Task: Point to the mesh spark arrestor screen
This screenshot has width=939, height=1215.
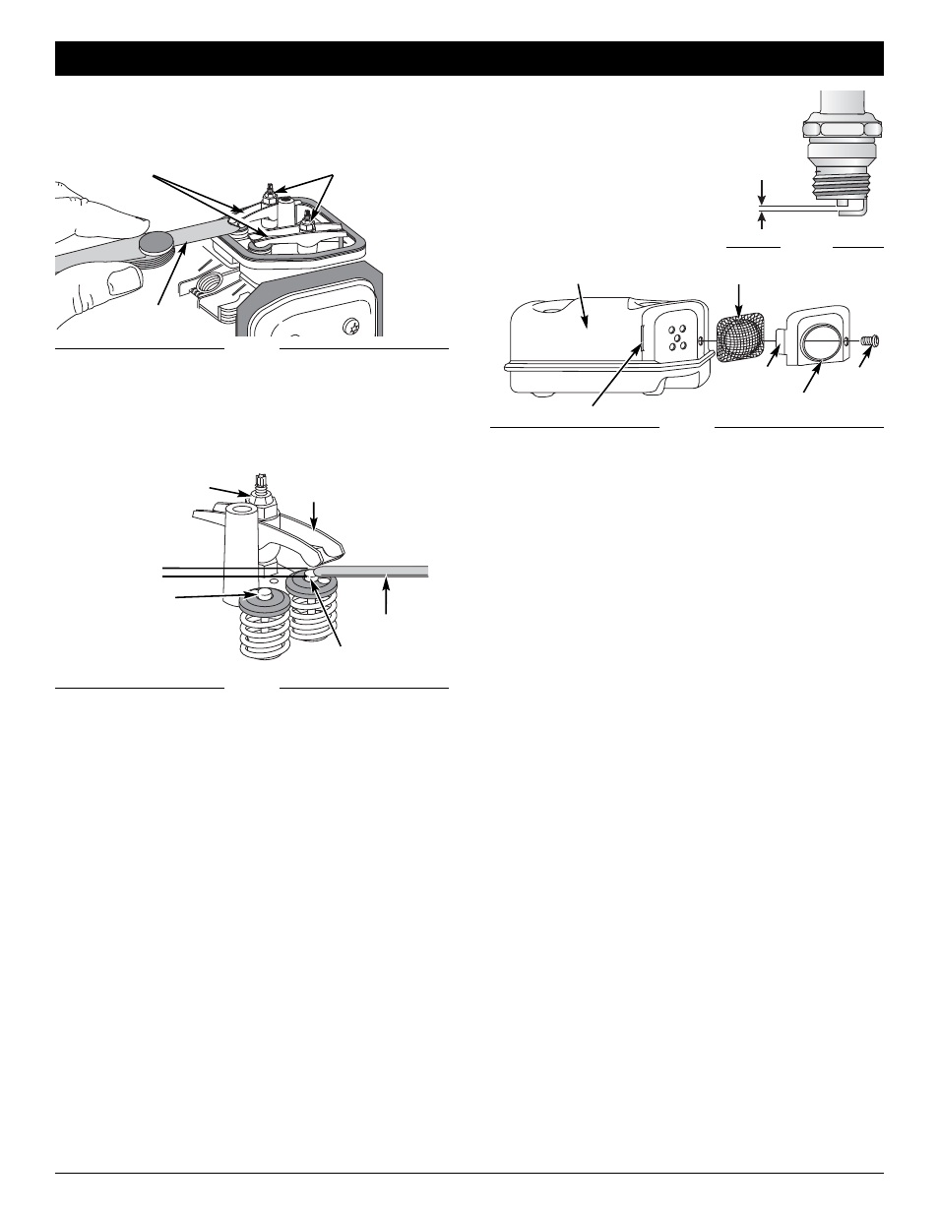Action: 739,339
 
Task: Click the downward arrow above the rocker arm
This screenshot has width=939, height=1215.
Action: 314,512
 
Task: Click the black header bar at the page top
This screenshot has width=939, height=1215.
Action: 469,58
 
